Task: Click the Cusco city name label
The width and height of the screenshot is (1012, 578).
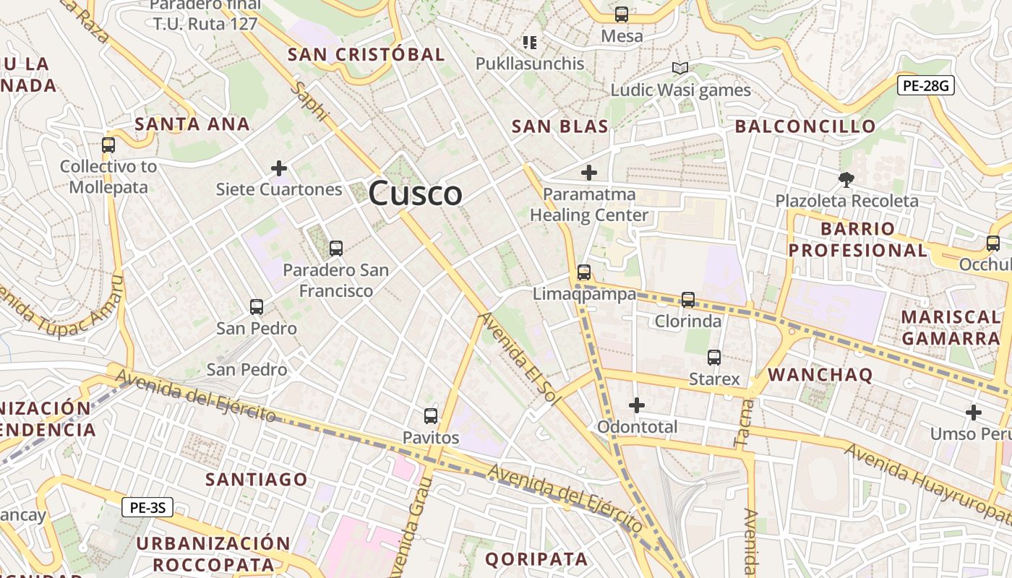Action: (x=415, y=193)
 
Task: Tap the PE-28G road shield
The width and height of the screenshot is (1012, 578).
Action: (x=926, y=85)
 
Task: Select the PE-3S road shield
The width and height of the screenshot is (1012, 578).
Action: (x=147, y=507)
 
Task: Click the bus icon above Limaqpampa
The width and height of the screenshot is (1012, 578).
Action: (x=584, y=272)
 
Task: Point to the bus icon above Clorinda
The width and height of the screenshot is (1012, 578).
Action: (x=688, y=299)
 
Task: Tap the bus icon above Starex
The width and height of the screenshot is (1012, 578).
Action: (x=714, y=357)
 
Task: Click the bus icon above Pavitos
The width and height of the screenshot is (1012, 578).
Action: (x=431, y=415)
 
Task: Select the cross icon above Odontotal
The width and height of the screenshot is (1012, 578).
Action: (x=637, y=405)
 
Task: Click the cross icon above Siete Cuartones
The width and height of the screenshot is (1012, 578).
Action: (x=279, y=168)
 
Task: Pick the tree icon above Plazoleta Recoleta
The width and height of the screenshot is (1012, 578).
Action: (x=846, y=179)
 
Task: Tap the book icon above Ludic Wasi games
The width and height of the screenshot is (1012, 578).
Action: (x=679, y=68)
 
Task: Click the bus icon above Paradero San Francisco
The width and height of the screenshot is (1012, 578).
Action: (x=335, y=249)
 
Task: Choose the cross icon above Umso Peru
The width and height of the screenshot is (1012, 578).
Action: (x=974, y=413)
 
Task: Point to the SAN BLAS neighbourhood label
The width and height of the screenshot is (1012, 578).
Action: (x=559, y=126)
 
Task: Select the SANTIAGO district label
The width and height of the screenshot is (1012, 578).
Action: (x=256, y=479)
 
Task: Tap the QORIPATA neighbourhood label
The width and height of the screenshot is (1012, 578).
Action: (x=536, y=558)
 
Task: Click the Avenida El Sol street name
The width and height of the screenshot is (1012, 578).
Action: (x=520, y=357)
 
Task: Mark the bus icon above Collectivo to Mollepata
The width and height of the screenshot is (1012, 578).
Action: (x=108, y=145)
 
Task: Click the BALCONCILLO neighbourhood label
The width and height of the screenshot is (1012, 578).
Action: (x=805, y=126)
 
